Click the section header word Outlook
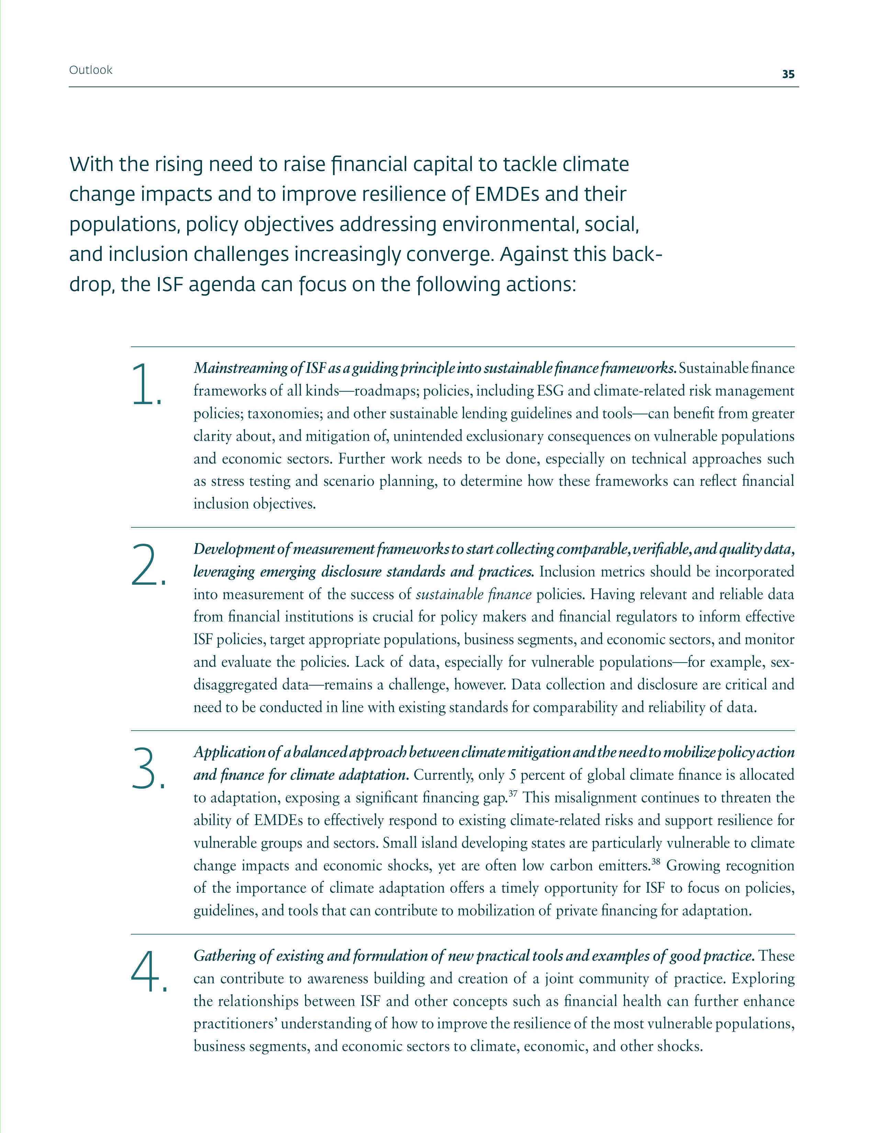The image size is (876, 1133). pyautogui.click(x=90, y=70)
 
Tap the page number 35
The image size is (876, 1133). pyautogui.click(x=788, y=74)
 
